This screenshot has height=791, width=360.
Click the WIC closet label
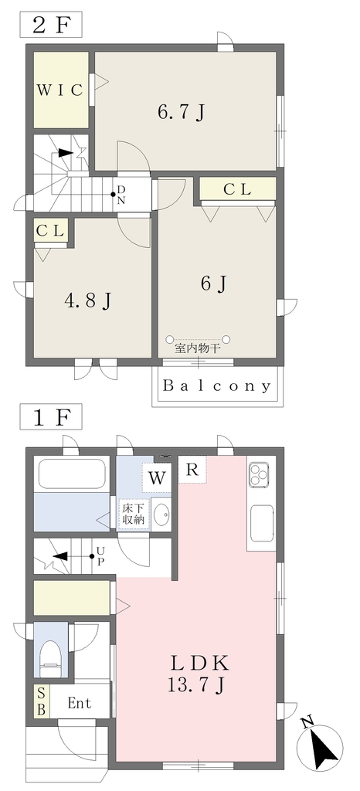60,90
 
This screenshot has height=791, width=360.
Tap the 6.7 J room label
181,111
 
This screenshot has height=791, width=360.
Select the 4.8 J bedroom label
88,300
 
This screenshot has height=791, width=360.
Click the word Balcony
217,386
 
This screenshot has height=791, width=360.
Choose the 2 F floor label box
50,25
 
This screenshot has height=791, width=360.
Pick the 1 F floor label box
50,417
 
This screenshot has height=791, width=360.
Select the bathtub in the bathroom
72,474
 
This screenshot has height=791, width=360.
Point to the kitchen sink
262,521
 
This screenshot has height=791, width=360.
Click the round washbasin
161,514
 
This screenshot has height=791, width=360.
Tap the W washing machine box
158,477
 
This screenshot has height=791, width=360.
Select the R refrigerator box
192,470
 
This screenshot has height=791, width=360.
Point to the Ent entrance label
80,703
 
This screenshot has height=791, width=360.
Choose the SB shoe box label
42,700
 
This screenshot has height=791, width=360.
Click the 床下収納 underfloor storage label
134,514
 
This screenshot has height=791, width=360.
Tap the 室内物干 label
198,348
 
